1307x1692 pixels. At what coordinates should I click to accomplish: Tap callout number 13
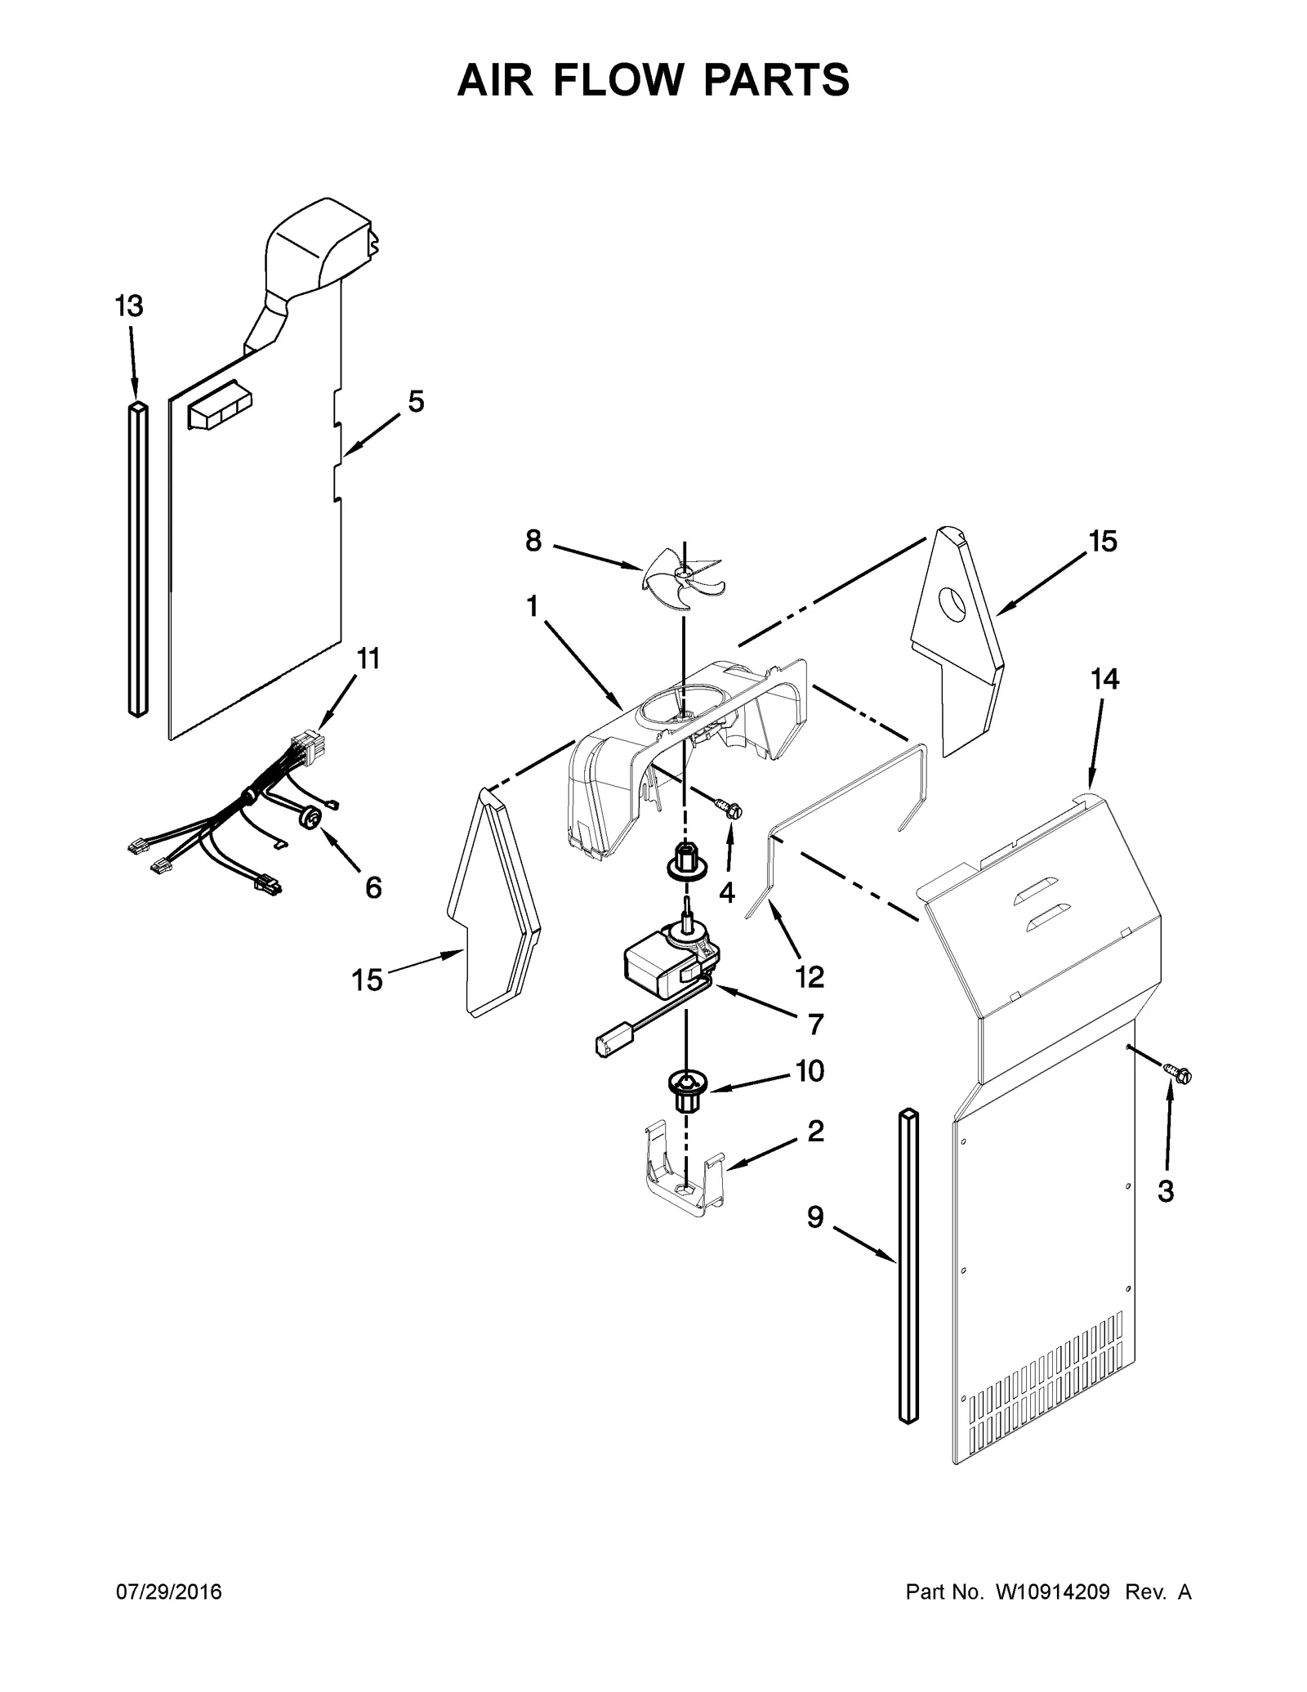(128, 306)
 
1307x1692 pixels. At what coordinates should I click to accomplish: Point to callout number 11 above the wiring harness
(368, 658)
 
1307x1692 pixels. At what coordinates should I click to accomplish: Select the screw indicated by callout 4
(730, 809)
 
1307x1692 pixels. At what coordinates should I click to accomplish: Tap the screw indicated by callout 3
(1179, 1076)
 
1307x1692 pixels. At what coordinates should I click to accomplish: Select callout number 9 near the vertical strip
(815, 1239)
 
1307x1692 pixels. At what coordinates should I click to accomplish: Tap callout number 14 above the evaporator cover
(1104, 679)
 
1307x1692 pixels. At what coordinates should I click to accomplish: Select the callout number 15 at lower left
(367, 980)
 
